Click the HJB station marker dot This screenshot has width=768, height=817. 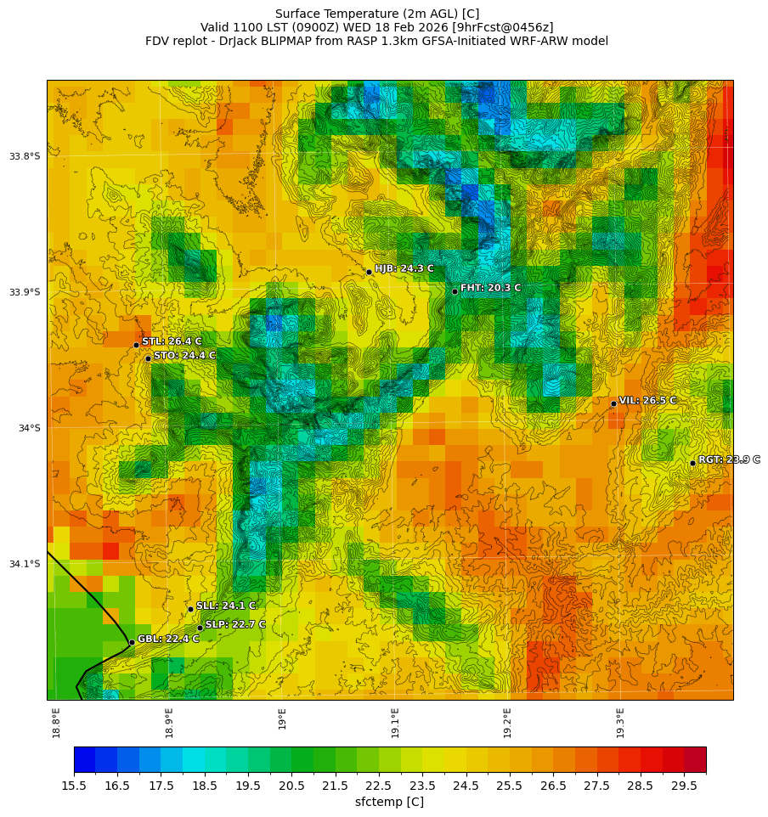pyautogui.click(x=369, y=272)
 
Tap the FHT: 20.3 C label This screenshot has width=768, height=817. pyautogui.click(x=490, y=288)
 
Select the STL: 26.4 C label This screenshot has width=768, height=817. pyautogui.click(x=172, y=341)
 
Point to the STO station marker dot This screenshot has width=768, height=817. pyautogui.click(x=148, y=358)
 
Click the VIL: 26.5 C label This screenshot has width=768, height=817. pyautogui.click(x=647, y=400)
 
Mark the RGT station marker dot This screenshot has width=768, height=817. pyautogui.click(x=692, y=463)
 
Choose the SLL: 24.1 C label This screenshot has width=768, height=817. pyautogui.click(x=226, y=606)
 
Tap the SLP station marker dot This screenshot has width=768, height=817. pyautogui.click(x=200, y=628)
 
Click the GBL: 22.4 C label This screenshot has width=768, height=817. pyautogui.click(x=168, y=639)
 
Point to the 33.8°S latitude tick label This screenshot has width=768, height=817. pyautogui.click(x=25, y=156)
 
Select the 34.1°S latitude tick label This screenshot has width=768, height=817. pyautogui.click(x=25, y=564)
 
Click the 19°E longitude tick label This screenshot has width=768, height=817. pyautogui.click(x=282, y=718)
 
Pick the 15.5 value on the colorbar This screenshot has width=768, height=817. pyautogui.click(x=74, y=786)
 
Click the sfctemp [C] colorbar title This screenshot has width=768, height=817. pyautogui.click(x=389, y=802)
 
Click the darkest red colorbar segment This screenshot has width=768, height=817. pyautogui.click(x=695, y=759)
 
